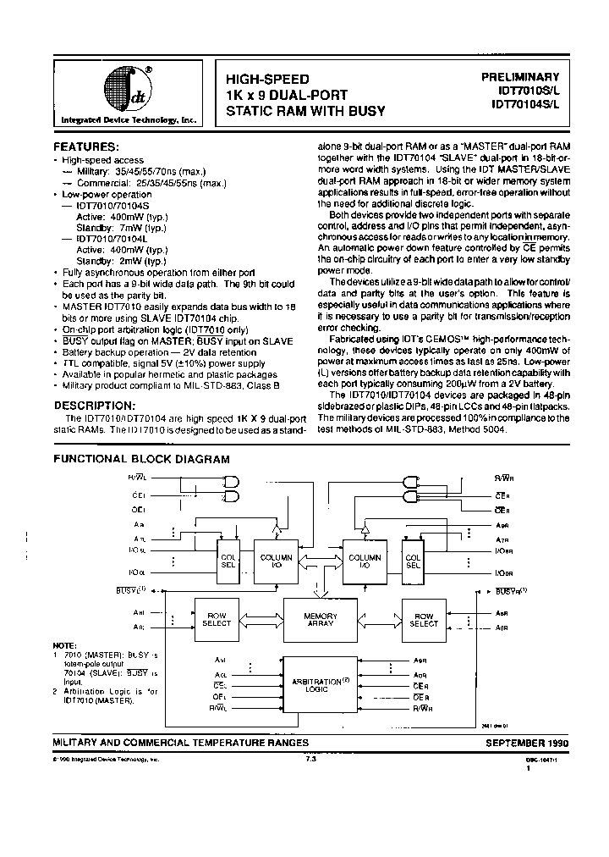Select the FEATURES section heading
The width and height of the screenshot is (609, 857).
tap(88, 147)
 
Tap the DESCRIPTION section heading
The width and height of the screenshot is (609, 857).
tap(99, 405)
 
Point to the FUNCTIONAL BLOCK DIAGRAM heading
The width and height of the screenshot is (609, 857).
tap(142, 459)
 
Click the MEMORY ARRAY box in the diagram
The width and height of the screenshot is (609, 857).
tap(321, 620)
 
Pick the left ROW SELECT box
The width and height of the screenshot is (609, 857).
tap(217, 620)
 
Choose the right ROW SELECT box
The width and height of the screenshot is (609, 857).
tap(423, 620)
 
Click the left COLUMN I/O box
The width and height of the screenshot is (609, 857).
tap(277, 561)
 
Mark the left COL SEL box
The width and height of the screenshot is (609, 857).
tap(228, 561)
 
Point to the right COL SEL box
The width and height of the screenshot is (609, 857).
tap(413, 561)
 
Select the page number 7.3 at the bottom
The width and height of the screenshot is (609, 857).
tap(310, 760)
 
